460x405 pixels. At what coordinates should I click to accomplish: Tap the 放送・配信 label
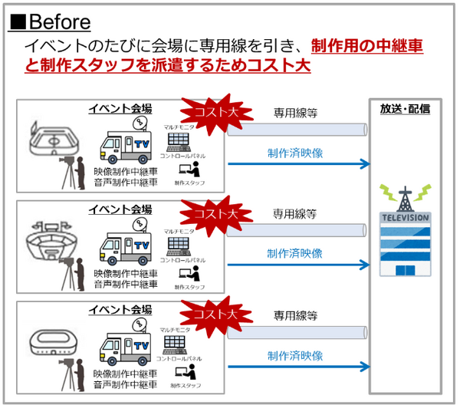pyautogui.click(x=405, y=110)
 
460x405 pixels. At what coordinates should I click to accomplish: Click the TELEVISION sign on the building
pyautogui.click(x=405, y=217)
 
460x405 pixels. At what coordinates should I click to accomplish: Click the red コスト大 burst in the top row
pyautogui.click(x=205, y=112)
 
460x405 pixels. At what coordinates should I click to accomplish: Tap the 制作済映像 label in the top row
pyautogui.click(x=295, y=153)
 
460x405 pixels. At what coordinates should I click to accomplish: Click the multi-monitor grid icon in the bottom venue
pyautogui.click(x=179, y=345)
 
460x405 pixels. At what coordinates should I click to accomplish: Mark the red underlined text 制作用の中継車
pyautogui.click(x=367, y=46)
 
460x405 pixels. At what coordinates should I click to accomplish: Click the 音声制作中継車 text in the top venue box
pyautogui.click(x=126, y=183)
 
